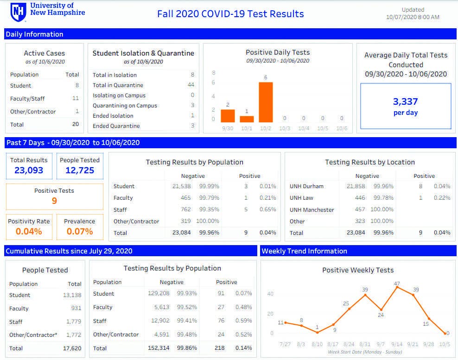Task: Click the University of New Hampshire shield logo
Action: click(x=19, y=12)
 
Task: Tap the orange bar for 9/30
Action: click(x=228, y=115)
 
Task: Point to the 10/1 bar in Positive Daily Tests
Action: click(x=247, y=119)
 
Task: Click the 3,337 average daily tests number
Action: click(x=406, y=101)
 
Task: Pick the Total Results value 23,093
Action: click(x=29, y=171)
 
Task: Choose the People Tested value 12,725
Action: click(x=80, y=171)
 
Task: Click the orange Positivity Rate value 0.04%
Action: click(x=29, y=231)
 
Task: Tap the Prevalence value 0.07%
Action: click(x=80, y=231)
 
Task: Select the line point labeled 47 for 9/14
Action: click(x=397, y=288)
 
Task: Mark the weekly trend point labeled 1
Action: click(x=317, y=332)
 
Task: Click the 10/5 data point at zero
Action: click(x=446, y=333)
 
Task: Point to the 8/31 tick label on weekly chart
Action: click(x=365, y=345)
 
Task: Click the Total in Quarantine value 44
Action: click(x=191, y=85)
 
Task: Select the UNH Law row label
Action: click(x=301, y=198)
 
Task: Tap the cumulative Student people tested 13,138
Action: click(x=72, y=295)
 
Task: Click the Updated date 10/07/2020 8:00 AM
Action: click(x=413, y=17)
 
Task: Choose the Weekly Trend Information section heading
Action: click(x=304, y=251)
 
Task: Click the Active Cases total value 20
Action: click(x=75, y=124)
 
